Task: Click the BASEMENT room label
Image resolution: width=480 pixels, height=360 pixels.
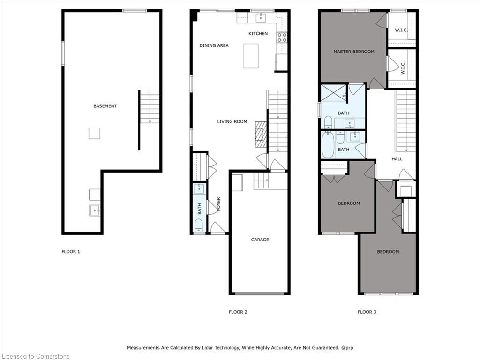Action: click(105, 106)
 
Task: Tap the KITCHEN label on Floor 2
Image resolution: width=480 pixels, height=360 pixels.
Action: click(258, 33)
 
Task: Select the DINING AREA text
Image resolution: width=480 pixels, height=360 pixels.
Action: click(214, 45)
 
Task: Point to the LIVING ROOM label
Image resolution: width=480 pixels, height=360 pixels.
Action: click(232, 121)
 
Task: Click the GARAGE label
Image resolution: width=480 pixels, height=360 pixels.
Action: click(260, 240)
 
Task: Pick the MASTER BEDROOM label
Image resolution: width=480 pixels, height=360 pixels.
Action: click(354, 52)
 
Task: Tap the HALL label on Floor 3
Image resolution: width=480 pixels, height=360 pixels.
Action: click(397, 158)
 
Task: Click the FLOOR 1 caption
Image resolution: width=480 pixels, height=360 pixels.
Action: click(71, 251)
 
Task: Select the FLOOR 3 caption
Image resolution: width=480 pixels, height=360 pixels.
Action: click(367, 312)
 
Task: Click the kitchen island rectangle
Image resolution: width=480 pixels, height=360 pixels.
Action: click(251, 56)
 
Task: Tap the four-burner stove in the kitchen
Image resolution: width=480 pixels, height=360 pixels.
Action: click(282, 37)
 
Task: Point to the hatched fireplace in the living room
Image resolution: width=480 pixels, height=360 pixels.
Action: click(261, 135)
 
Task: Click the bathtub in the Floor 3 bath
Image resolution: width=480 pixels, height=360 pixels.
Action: click(328, 144)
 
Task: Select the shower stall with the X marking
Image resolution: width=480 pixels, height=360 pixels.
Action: click(333, 93)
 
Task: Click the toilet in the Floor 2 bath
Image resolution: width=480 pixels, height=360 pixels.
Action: click(199, 225)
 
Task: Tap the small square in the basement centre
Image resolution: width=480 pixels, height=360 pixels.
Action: click(94, 133)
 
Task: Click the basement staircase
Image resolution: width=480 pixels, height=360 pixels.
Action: click(150, 106)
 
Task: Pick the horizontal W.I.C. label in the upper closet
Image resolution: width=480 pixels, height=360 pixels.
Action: click(401, 30)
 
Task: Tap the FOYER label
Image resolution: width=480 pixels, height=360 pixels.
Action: click(218, 204)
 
